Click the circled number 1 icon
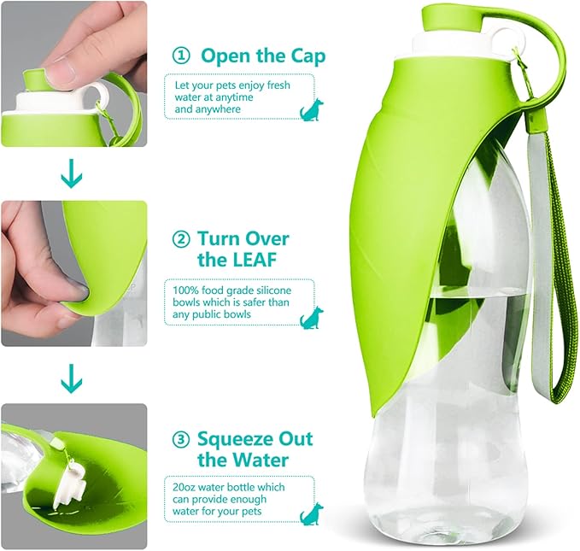[x=180, y=56]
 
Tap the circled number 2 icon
[x=180, y=238]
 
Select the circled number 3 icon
[x=180, y=440]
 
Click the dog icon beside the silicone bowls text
[x=311, y=317]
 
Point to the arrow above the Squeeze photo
[x=73, y=375]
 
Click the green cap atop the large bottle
[x=448, y=17]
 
